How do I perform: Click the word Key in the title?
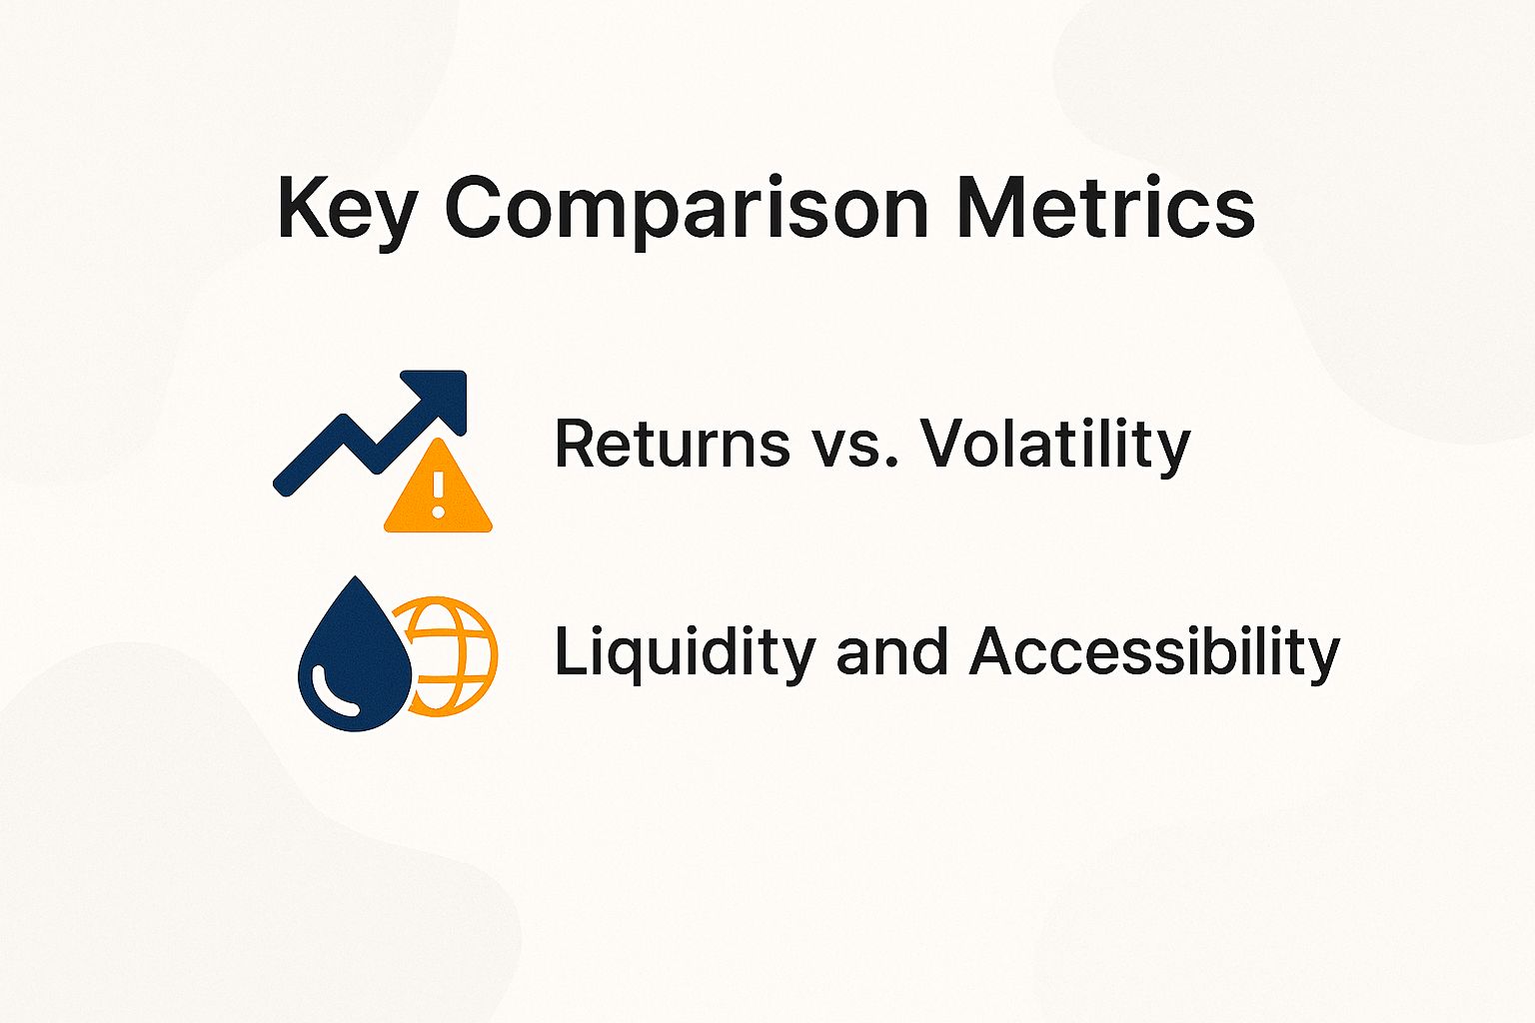[345, 209]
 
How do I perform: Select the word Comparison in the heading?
[686, 209]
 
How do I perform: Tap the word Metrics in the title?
[1105, 207]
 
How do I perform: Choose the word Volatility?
[1055, 446]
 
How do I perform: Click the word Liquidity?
[685, 653]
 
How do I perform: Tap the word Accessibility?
[1154, 653]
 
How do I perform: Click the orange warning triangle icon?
[438, 491]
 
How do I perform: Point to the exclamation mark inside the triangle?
[438, 494]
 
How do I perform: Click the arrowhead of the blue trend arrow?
[441, 396]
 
